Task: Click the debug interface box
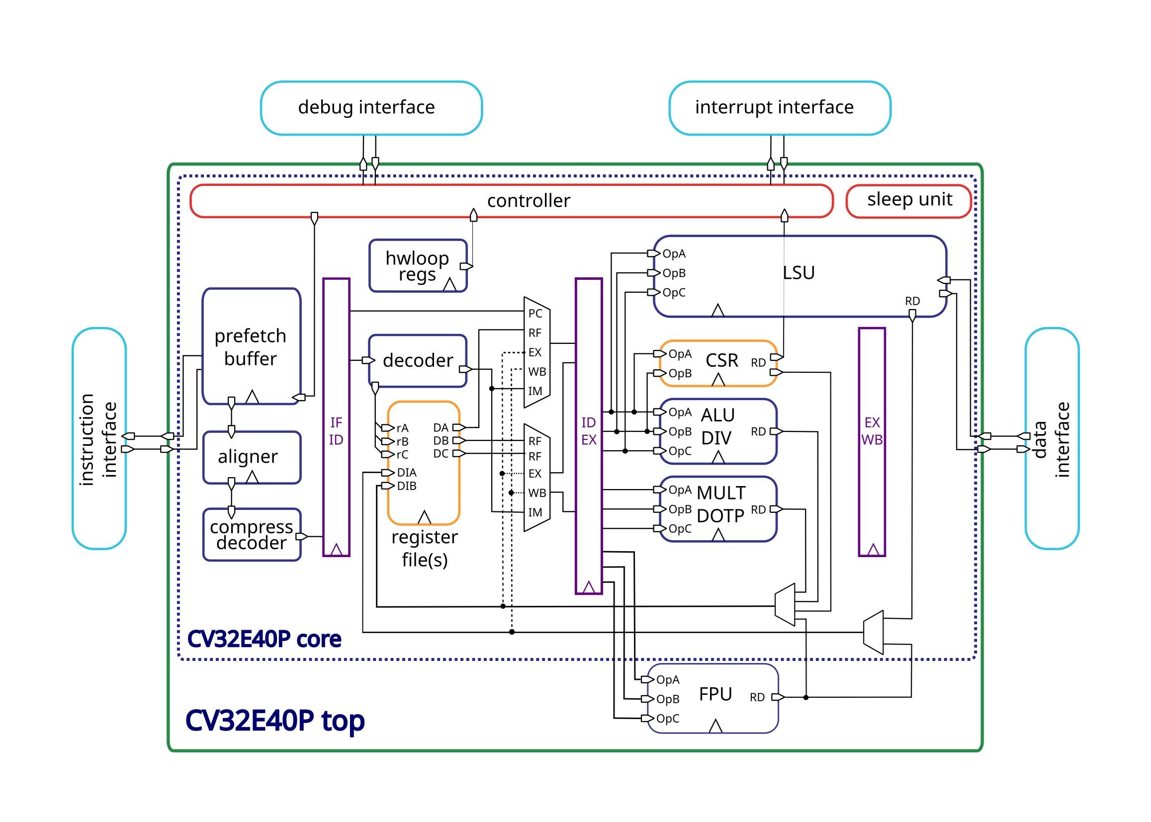point(371,108)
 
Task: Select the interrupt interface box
point(779,108)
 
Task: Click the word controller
point(528,201)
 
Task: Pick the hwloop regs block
point(417,266)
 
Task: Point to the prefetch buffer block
point(251,347)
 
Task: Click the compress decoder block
point(251,535)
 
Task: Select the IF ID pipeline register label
point(336,431)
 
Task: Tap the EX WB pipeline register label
point(872,431)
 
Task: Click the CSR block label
point(721,361)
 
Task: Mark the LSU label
point(798,273)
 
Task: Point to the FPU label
point(715,694)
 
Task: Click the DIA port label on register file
point(407,473)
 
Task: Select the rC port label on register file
point(402,455)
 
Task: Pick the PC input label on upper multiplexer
point(535,313)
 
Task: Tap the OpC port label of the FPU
point(667,719)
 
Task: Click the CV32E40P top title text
point(274,721)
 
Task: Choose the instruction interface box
point(99,438)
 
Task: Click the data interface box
point(1052,438)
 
